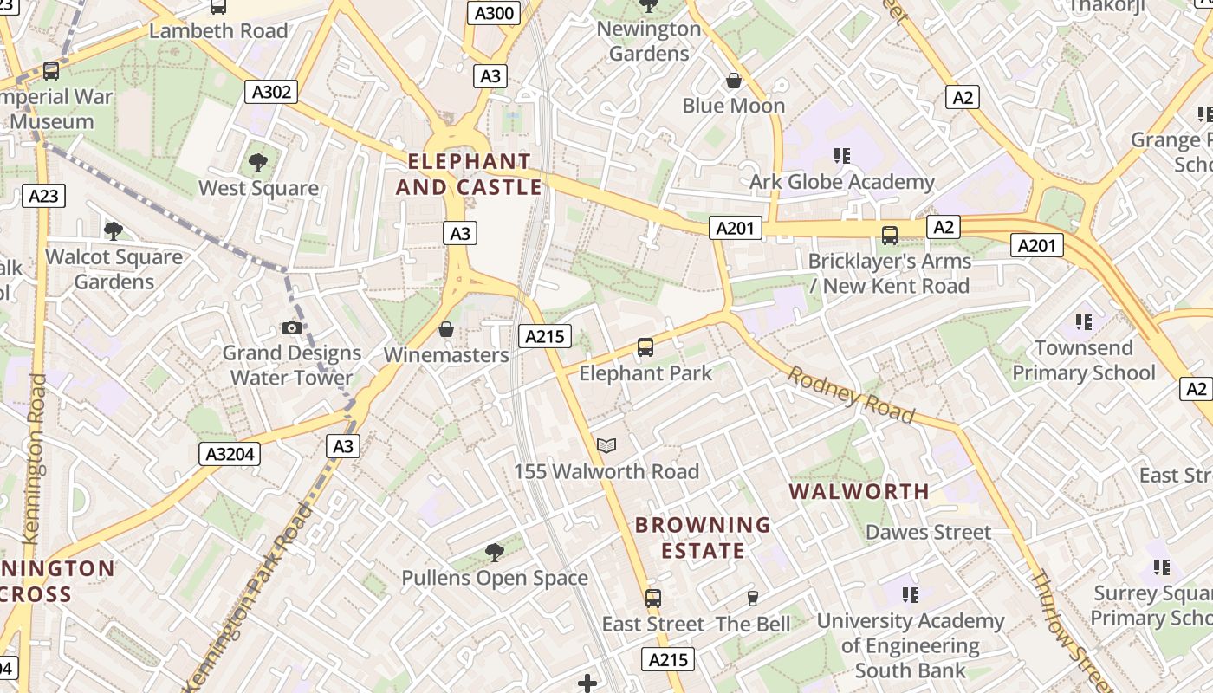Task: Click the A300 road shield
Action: [x=494, y=13]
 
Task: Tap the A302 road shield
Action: [x=271, y=93]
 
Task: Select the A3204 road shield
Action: [x=230, y=453]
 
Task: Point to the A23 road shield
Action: [x=43, y=196]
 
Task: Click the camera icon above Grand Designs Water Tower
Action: [x=292, y=327]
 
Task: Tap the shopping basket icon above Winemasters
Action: [x=446, y=329]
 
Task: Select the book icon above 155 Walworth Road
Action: [x=606, y=446]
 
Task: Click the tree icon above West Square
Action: [x=258, y=162]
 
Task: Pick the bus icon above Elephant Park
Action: [x=645, y=347]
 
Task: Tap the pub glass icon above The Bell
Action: [x=752, y=599]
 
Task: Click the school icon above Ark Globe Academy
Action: [x=841, y=156]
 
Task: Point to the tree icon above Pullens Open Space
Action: [x=495, y=552]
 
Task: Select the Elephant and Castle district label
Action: [x=469, y=174]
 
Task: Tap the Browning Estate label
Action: [x=703, y=538]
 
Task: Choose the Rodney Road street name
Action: [x=851, y=395]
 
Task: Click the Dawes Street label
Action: [x=928, y=532]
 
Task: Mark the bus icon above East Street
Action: [x=653, y=599]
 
